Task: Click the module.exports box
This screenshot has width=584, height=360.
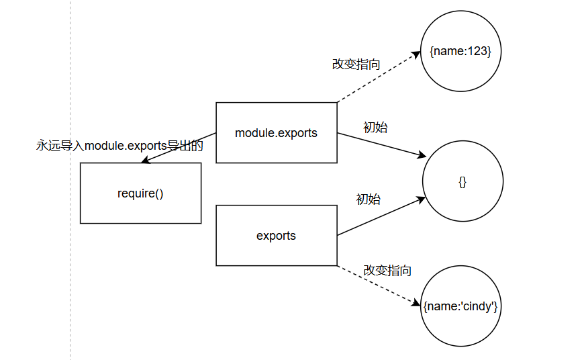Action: click(x=276, y=133)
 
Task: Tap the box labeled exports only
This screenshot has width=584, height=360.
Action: click(x=276, y=236)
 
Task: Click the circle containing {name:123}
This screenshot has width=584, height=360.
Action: click(x=460, y=52)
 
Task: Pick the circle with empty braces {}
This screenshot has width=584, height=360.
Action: click(x=463, y=181)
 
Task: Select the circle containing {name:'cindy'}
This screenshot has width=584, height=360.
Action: click(x=460, y=306)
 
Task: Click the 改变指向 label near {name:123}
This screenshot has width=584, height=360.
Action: click(x=356, y=64)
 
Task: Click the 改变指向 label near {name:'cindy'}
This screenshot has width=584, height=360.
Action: click(x=387, y=271)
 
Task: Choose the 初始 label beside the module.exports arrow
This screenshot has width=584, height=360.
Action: click(x=375, y=127)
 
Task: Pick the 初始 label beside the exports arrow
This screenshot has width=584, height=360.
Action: click(x=369, y=199)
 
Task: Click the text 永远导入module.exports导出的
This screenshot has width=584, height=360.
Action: click(x=119, y=145)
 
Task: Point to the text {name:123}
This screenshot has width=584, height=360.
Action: click(x=460, y=52)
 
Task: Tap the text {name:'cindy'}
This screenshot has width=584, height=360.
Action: click(x=460, y=306)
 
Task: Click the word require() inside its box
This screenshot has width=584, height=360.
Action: click(x=140, y=194)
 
